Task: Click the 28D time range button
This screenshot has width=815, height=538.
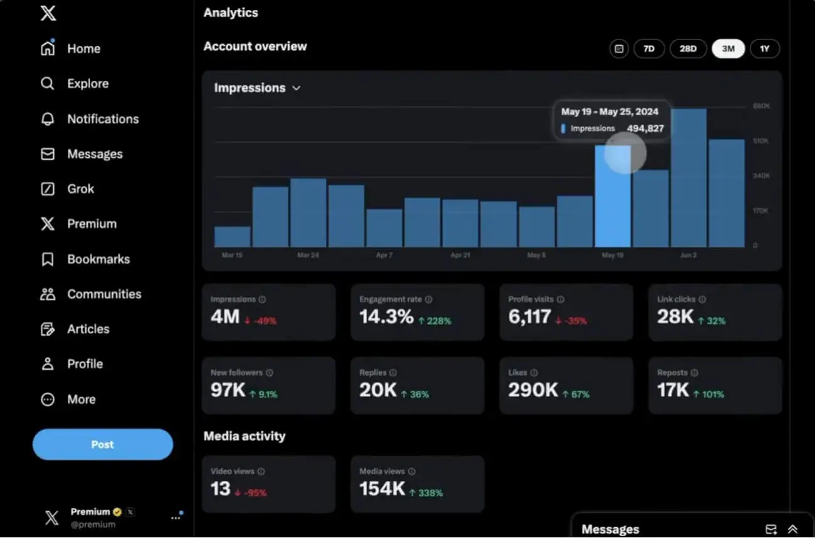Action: click(688, 49)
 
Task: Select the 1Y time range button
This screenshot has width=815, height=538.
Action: click(764, 49)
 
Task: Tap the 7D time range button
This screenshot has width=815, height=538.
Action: click(649, 49)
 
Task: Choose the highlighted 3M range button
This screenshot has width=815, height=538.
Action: click(728, 49)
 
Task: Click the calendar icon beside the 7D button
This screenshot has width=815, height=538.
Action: click(619, 49)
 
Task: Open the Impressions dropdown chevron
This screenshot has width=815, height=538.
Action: click(297, 88)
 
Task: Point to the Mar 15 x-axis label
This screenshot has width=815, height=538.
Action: click(232, 256)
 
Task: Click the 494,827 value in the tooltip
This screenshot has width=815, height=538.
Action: click(645, 128)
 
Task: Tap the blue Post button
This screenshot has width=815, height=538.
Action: click(103, 445)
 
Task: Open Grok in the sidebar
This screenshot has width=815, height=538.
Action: click(80, 189)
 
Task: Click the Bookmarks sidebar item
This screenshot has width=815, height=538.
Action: click(98, 259)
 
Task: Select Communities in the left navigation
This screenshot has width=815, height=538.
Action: click(103, 294)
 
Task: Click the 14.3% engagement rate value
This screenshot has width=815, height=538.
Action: click(386, 318)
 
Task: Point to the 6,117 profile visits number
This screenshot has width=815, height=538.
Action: click(530, 318)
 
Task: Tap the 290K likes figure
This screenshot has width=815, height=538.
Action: click(533, 391)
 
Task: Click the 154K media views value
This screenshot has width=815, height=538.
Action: click(382, 489)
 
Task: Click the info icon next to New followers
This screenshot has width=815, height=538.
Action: click(270, 373)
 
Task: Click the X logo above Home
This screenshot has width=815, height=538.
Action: click(48, 13)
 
